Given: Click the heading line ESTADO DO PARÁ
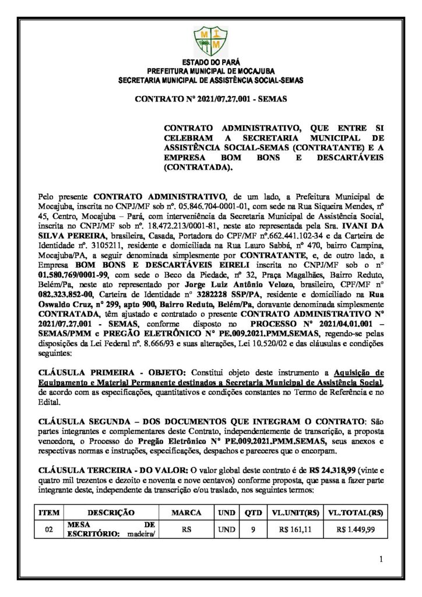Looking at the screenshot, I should tap(210, 62).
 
